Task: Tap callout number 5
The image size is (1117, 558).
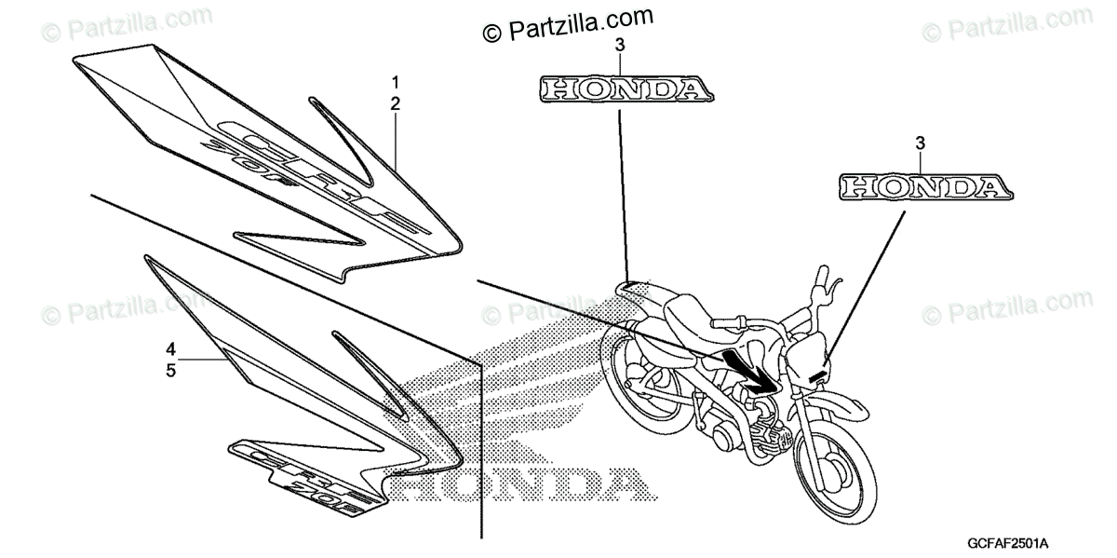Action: pyautogui.click(x=171, y=370)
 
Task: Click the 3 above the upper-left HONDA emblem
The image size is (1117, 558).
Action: pyautogui.click(x=620, y=46)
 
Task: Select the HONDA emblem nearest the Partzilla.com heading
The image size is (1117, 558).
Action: pyautogui.click(x=625, y=89)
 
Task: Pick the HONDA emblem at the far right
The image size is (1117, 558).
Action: pyautogui.click(x=924, y=186)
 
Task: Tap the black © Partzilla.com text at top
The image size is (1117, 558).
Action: pyautogui.click(x=568, y=24)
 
